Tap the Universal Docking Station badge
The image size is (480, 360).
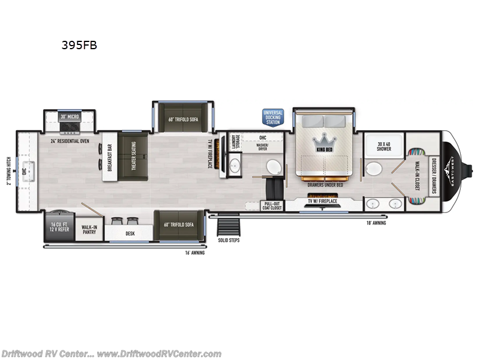272,116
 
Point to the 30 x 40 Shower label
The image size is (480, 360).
384,146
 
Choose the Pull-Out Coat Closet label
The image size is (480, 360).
272,206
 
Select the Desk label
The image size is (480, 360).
130,233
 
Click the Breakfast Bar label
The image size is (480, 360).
109,157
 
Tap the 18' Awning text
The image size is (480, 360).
377,223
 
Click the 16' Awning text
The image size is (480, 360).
196,253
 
